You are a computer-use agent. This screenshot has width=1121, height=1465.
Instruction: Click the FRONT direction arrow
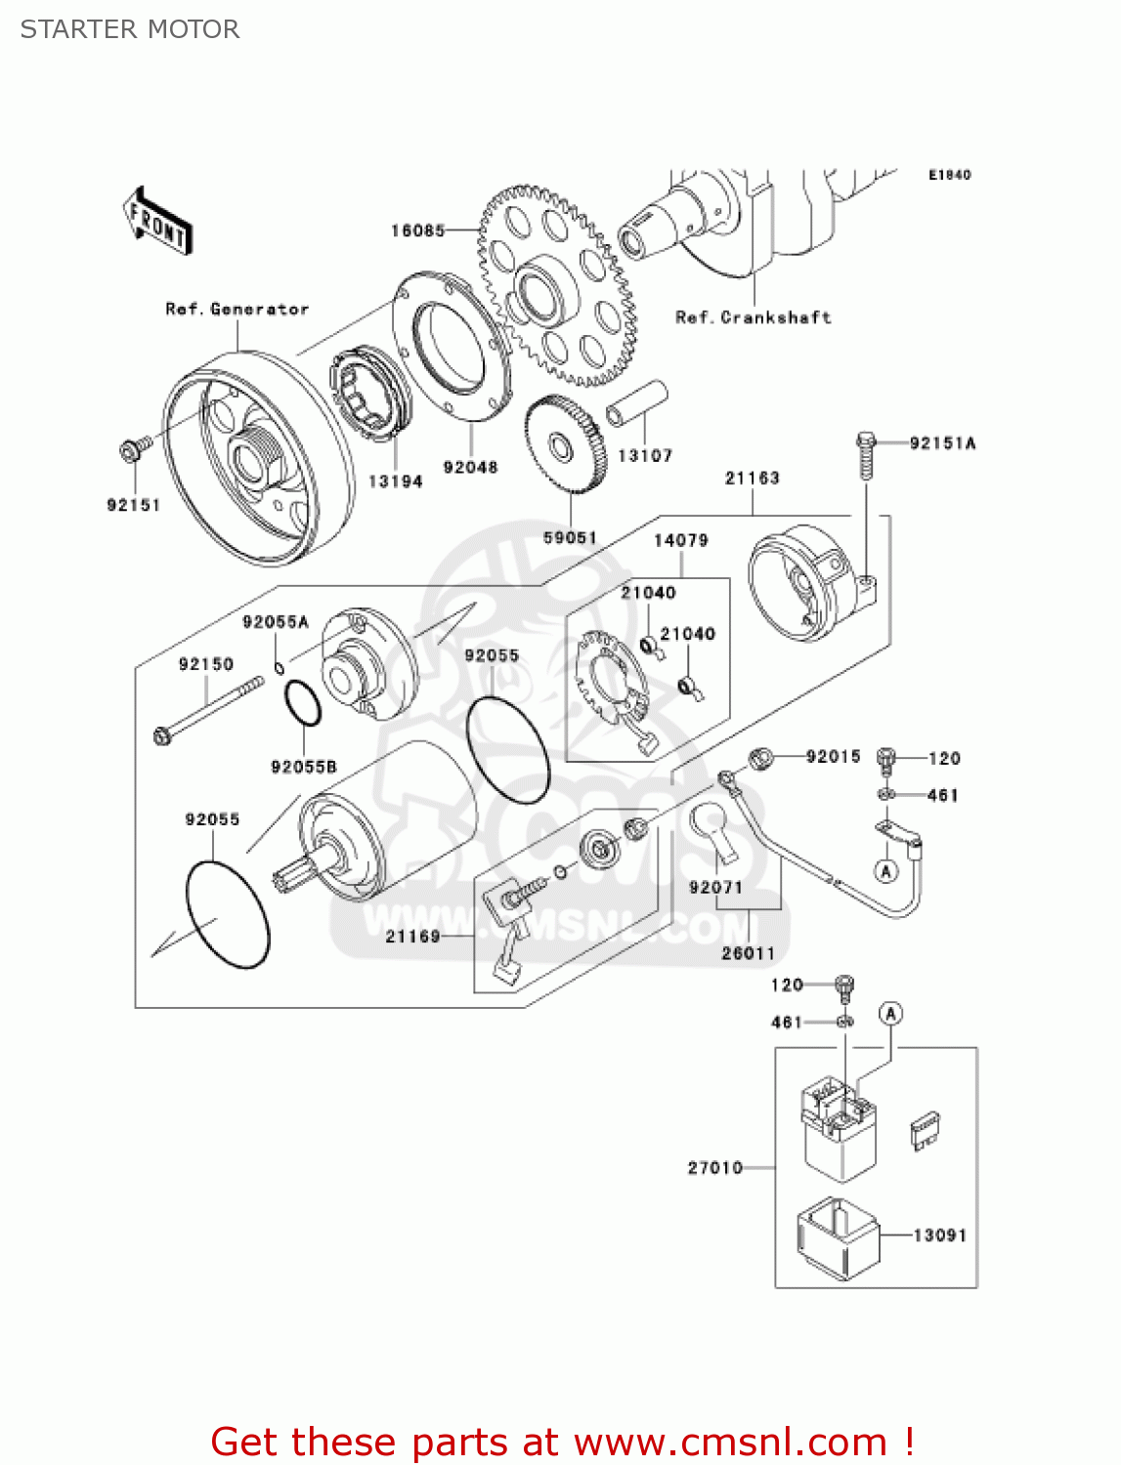tap(157, 222)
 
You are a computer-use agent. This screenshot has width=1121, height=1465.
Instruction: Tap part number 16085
tap(417, 230)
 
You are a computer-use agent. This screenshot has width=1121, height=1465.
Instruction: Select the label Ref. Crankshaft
tap(753, 317)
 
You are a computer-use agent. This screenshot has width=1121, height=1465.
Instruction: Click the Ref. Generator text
tap(237, 309)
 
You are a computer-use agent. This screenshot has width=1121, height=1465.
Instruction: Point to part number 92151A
tap(942, 443)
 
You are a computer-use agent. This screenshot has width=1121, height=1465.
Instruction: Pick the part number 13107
tap(645, 455)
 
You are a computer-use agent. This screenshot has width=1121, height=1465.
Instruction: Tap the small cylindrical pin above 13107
tap(637, 403)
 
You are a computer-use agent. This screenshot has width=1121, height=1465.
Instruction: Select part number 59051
tap(570, 537)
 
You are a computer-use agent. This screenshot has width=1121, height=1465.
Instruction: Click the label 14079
tap(680, 540)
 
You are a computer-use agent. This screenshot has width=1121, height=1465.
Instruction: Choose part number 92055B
tap(303, 767)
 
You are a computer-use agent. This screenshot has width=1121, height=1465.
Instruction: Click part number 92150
tap(206, 664)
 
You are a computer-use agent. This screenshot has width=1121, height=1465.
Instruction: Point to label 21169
tap(412, 937)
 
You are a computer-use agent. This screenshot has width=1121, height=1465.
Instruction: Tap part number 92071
tap(715, 887)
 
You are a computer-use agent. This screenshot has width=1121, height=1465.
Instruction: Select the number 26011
tap(748, 953)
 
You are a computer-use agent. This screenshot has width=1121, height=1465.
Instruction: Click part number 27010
tap(715, 1167)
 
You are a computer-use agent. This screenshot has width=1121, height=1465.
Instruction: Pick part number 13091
tap(939, 1235)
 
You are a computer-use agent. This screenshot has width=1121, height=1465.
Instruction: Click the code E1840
tap(949, 175)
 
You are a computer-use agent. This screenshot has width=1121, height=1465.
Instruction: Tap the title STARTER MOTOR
tap(130, 29)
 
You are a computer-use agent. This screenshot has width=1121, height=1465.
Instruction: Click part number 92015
tap(833, 756)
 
